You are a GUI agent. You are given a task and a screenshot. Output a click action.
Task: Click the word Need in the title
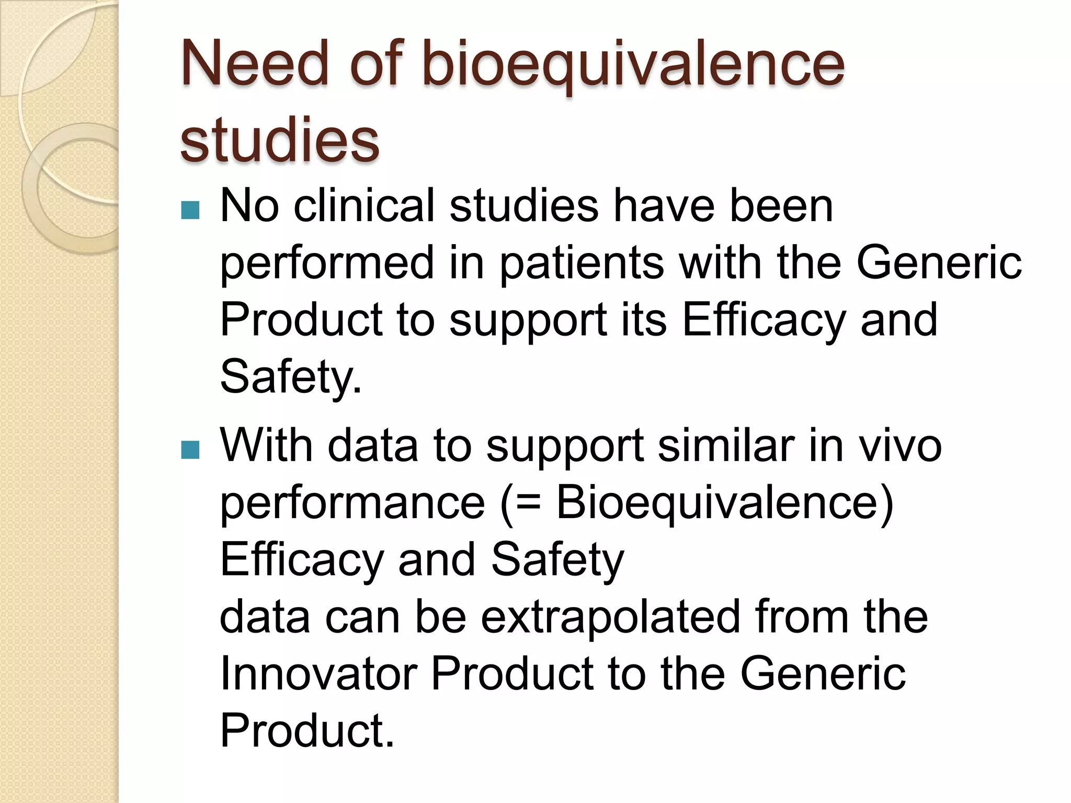click(255, 64)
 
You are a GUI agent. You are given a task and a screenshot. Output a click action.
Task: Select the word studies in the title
click(279, 140)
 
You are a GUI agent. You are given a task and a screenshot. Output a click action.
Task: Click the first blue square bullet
click(190, 210)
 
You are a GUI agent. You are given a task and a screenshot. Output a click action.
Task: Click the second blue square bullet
click(190, 449)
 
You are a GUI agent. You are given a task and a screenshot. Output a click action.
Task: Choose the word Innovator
click(318, 674)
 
